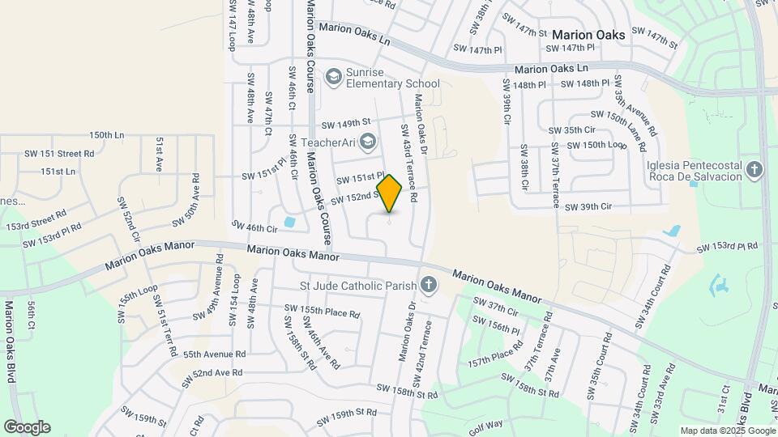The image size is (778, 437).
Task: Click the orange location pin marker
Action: click(x=390, y=193)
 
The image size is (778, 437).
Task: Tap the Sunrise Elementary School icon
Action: click(x=333, y=77)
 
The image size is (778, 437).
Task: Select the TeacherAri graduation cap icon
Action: click(x=367, y=142)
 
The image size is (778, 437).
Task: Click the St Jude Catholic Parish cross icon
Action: click(x=428, y=285)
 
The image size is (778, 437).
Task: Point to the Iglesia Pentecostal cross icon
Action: click(x=754, y=170)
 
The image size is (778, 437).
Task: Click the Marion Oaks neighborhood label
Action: click(x=588, y=35)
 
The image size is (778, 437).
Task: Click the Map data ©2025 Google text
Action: click(x=727, y=431)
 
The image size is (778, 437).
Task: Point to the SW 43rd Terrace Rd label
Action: click(x=406, y=163)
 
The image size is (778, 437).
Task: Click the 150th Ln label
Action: click(x=107, y=135)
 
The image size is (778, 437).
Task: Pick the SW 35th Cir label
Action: click(x=572, y=129)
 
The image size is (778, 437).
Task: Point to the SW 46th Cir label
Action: click(x=254, y=227)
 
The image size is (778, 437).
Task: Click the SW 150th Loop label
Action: click(x=596, y=144)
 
